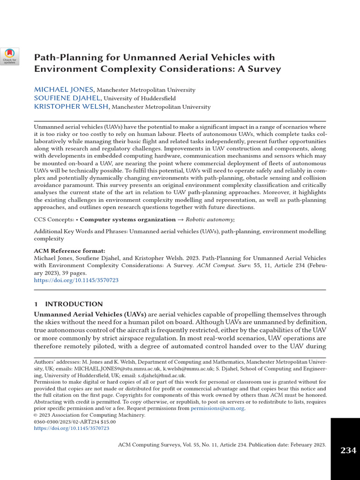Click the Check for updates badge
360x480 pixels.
pyautogui.click(x=10, y=56)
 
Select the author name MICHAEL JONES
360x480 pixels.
pyautogui.click(x=64, y=90)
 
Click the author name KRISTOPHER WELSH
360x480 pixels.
pyautogui.click(x=72, y=107)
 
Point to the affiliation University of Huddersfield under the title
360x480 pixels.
pyautogui.click(x=140, y=98)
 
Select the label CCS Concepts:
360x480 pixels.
pyautogui.click(x=54, y=219)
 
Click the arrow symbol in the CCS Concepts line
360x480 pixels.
pyautogui.click(x=180, y=219)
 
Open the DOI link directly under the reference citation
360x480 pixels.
pyautogui.click(x=76, y=280)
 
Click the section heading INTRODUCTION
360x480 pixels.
pyautogui.click(x=74, y=304)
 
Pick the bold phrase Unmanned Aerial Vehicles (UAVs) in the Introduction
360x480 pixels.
pyautogui.click(x=90, y=314)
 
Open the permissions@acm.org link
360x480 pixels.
pyautogui.click(x=217, y=408)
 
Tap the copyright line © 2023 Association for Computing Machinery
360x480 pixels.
pyautogui.click(x=90, y=415)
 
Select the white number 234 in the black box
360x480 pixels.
pyautogui.click(x=348, y=450)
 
